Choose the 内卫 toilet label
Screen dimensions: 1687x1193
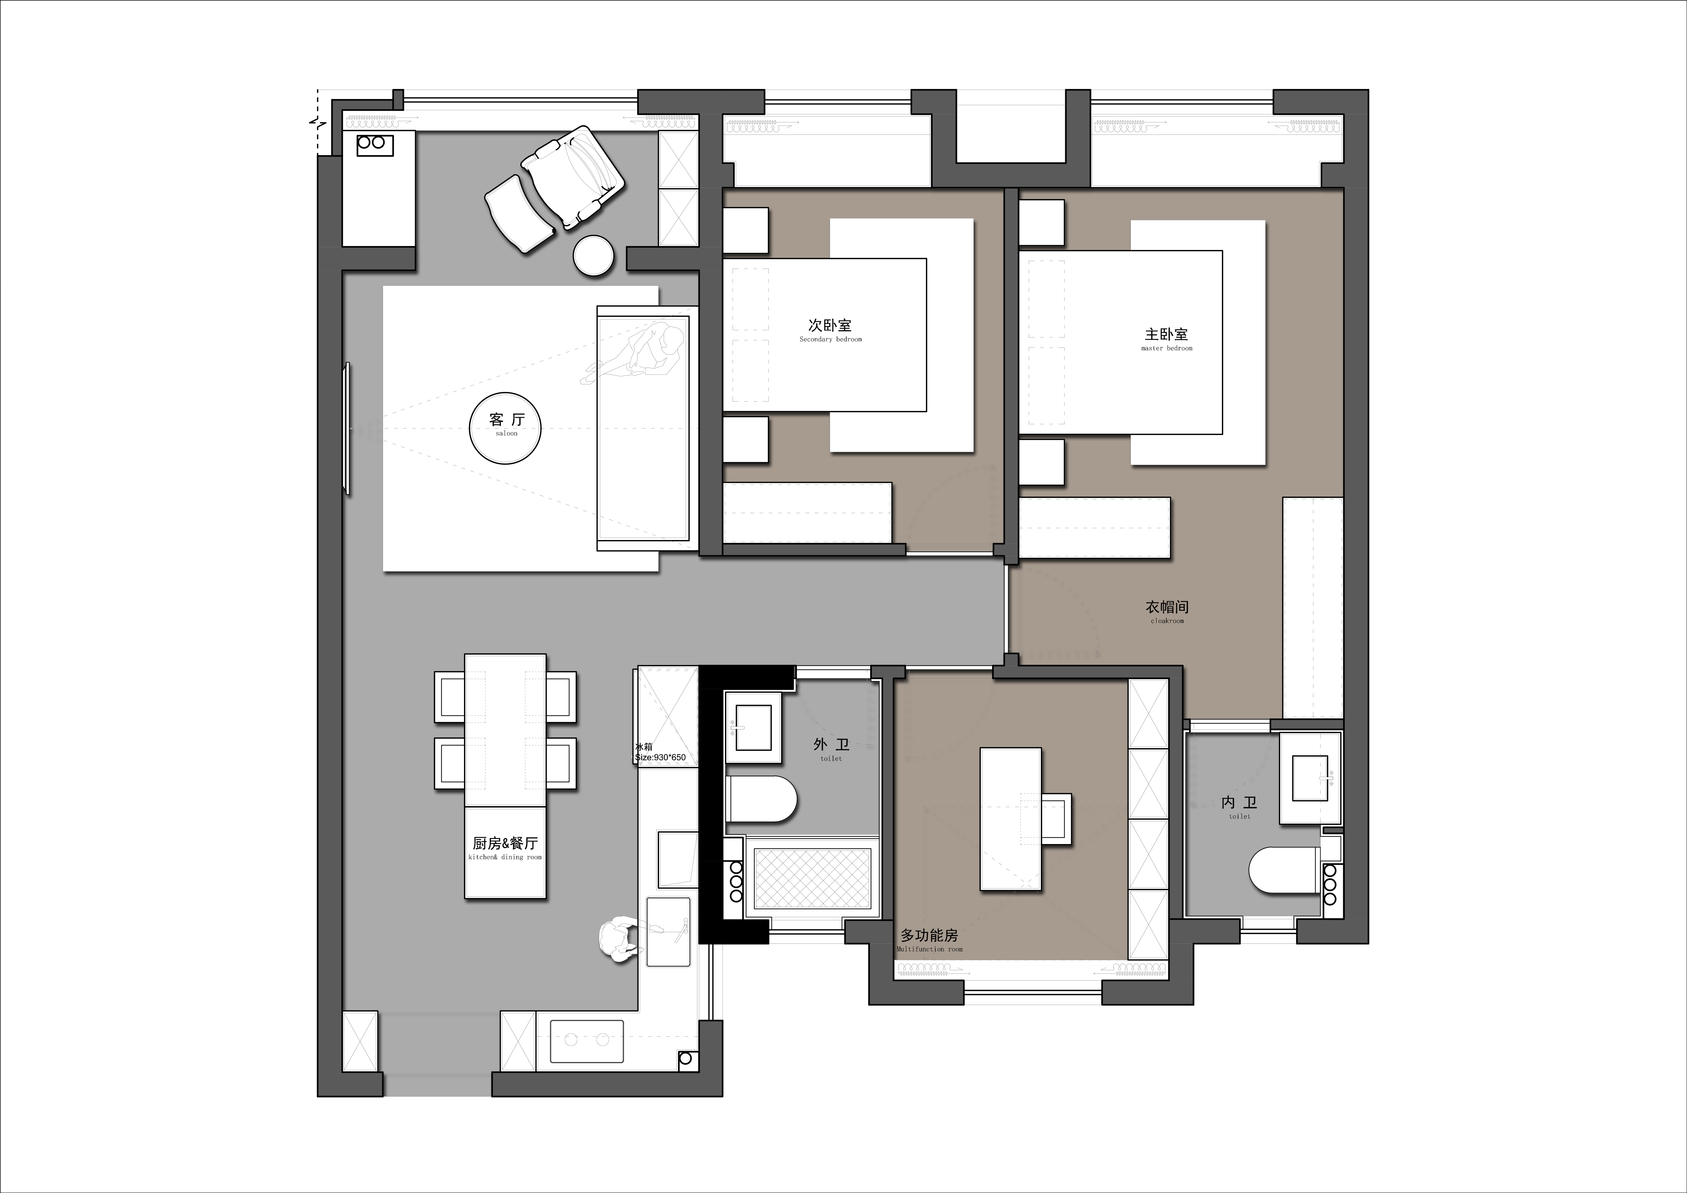coord(1240,807)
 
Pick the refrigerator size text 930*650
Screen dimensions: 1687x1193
coord(660,757)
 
